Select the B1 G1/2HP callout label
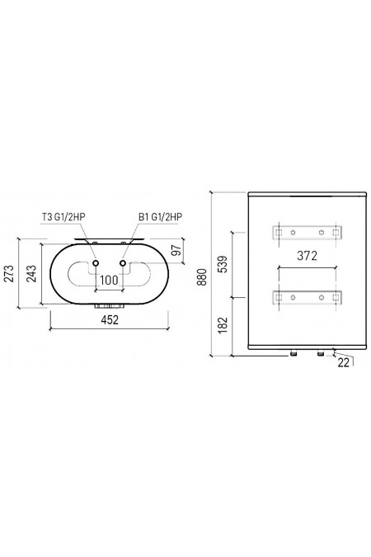click(x=161, y=218)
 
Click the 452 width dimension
click(x=110, y=320)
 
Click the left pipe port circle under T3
click(x=96, y=264)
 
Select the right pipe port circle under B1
click(x=124, y=264)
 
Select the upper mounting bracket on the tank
click(x=307, y=234)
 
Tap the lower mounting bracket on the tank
click(x=307, y=296)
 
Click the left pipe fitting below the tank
click(x=294, y=353)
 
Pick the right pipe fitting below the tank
click(x=320, y=353)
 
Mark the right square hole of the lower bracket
click(x=335, y=296)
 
